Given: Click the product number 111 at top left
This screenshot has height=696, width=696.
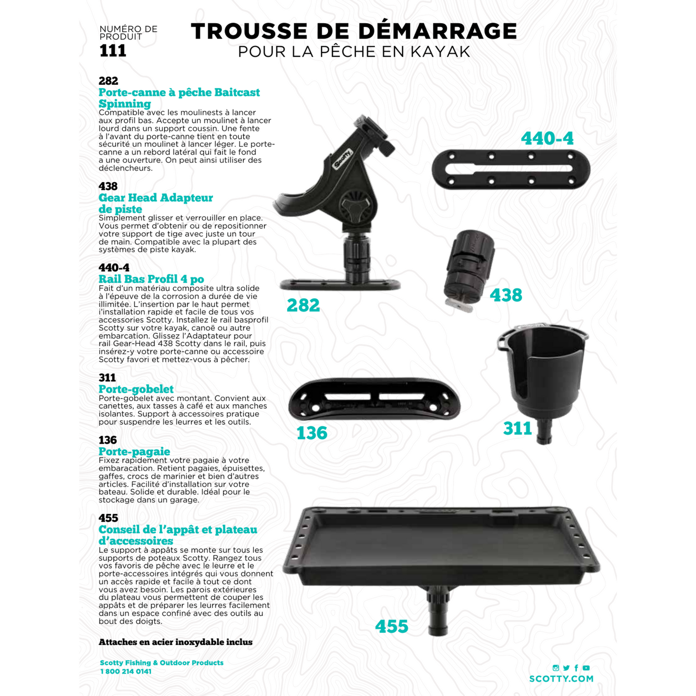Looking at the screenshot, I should click(x=113, y=51).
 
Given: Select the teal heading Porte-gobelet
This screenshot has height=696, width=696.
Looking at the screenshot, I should click(x=136, y=389).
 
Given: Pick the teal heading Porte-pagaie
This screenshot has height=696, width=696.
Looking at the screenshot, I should click(x=134, y=451).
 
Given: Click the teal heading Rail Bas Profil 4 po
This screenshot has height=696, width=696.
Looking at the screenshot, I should click(x=151, y=279).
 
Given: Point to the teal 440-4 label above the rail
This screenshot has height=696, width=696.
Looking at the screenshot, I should click(x=547, y=139).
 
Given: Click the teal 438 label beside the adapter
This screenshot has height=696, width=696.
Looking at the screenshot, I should click(x=506, y=295).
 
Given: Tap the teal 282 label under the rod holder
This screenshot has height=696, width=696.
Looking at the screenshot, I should click(x=303, y=305).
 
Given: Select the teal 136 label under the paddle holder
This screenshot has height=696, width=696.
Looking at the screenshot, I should click(x=312, y=433).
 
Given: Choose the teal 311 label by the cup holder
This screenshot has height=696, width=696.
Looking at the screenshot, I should click(x=517, y=428).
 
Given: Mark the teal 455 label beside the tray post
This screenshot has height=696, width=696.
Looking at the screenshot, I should click(x=392, y=627).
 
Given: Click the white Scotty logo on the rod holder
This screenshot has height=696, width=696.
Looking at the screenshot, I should click(x=343, y=159).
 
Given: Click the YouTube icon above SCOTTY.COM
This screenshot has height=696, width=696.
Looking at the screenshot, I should click(x=586, y=668).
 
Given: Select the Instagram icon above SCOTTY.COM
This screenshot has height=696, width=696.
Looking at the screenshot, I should click(x=556, y=668).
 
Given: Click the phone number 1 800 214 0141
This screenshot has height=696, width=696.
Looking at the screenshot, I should click(x=126, y=671).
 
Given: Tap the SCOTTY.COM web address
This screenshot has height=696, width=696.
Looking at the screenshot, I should click(x=561, y=679).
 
